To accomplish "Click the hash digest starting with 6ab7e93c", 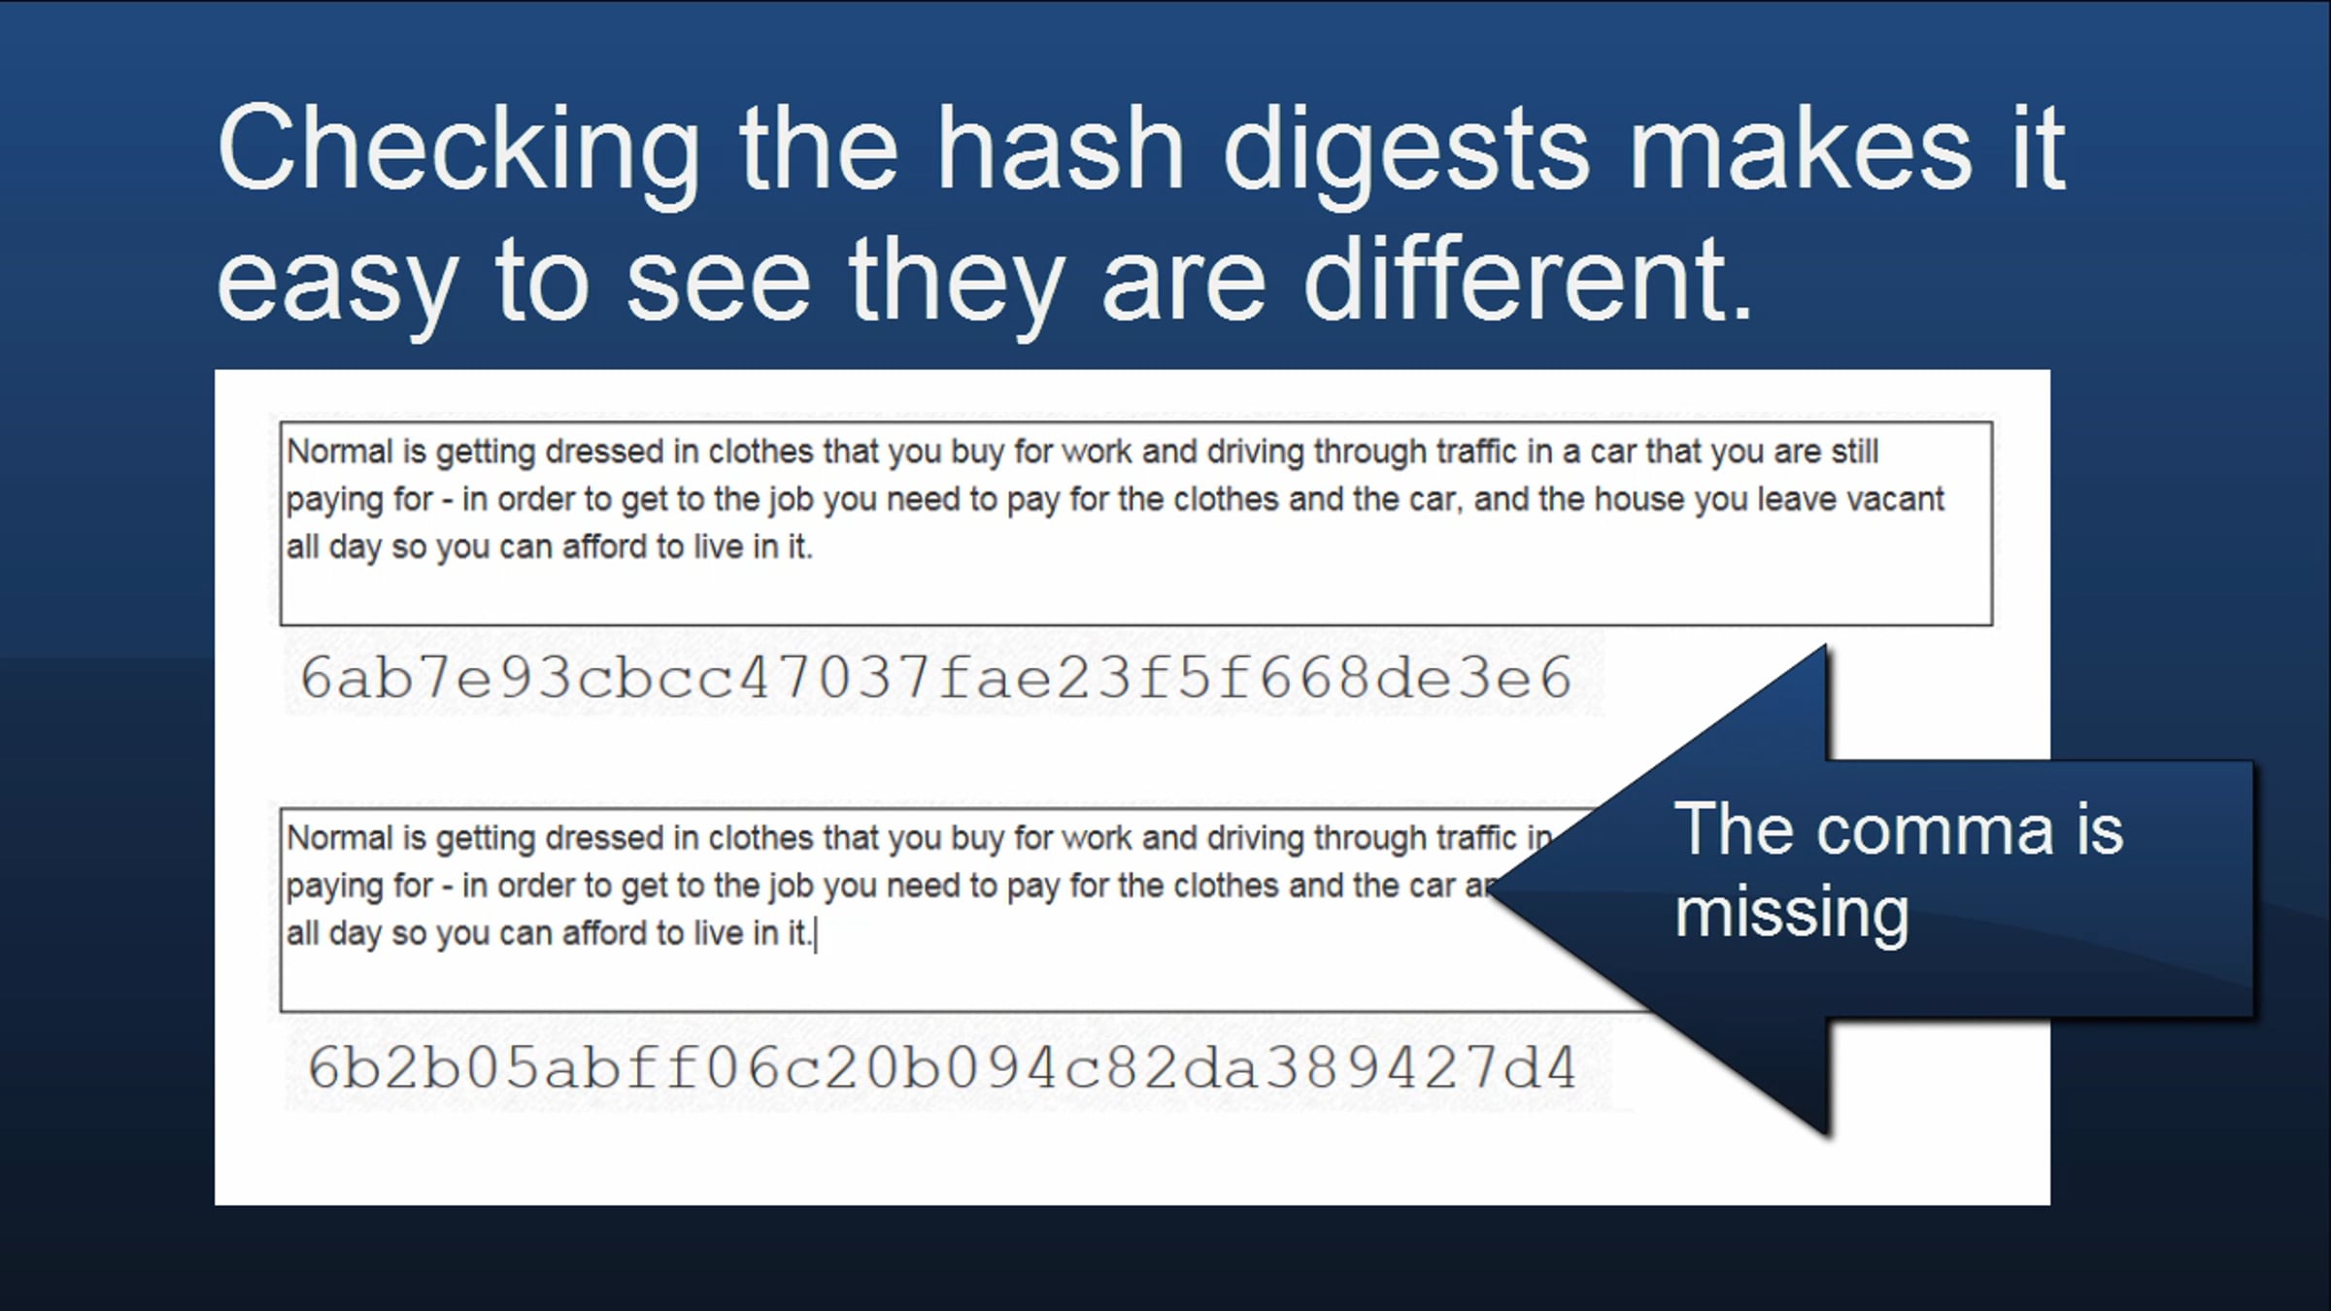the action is point(936,677).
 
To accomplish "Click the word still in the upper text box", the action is point(1855,452).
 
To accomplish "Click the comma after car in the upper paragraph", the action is point(1459,508).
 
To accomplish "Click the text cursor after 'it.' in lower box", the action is point(816,935).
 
